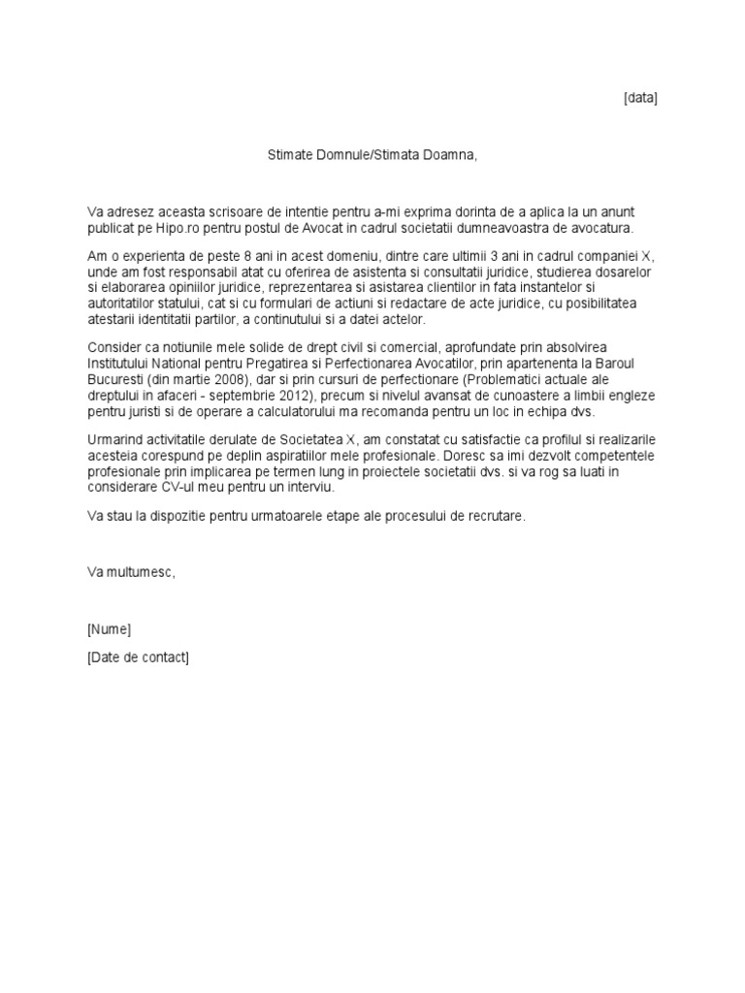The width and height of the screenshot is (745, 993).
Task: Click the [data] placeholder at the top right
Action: (x=639, y=98)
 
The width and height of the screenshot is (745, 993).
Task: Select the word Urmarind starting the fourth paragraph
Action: (x=117, y=440)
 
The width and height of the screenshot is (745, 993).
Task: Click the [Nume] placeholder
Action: (x=109, y=629)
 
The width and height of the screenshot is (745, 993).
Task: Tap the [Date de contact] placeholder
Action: (x=138, y=658)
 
